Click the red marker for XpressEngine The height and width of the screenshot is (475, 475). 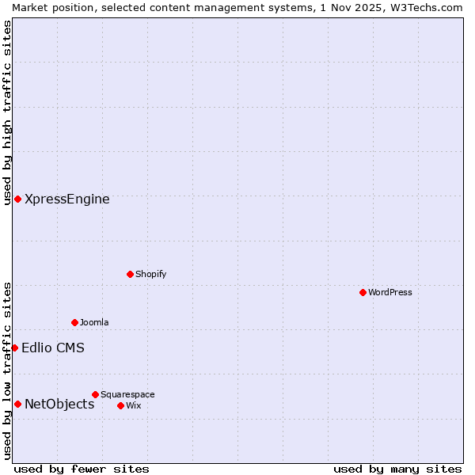tap(17, 199)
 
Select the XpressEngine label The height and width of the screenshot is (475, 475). tap(67, 199)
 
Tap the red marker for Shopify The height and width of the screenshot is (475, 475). tap(130, 274)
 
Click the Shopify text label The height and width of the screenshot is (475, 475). tap(150, 275)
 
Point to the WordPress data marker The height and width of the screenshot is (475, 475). tap(363, 292)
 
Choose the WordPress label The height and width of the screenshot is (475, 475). tap(389, 293)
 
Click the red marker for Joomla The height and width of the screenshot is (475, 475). tap(74, 322)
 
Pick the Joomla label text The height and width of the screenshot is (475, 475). tap(94, 323)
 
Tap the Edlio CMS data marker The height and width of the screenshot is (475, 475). tap(14, 348)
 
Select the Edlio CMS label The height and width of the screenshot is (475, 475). tap(53, 348)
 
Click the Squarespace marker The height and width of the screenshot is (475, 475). tap(95, 394)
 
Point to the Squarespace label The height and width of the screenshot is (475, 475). tap(127, 395)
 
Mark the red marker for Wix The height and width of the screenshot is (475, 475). tap(120, 405)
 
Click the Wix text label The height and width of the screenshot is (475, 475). tap(133, 406)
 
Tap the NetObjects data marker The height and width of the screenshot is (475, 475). tap(17, 404)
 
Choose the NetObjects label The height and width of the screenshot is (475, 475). tap(59, 405)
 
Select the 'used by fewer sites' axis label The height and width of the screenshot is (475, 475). tap(82, 469)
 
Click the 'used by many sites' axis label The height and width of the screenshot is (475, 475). tap(397, 469)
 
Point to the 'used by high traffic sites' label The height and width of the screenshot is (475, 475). tap(7, 112)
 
